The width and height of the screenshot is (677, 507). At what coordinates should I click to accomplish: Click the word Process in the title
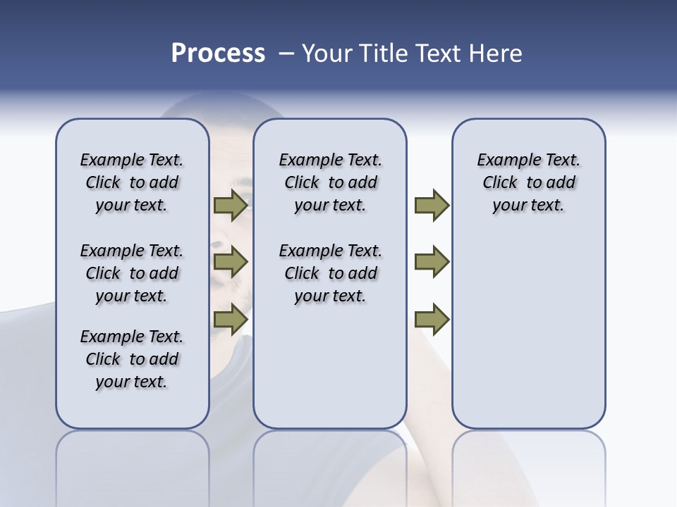tap(218, 54)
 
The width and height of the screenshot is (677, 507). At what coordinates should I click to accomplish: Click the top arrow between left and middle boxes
tap(231, 206)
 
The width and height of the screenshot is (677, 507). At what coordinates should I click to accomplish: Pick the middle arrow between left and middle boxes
tap(231, 262)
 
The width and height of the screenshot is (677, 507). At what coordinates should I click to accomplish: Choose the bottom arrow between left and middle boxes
tap(231, 319)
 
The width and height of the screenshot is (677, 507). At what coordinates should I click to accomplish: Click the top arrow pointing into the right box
tap(432, 206)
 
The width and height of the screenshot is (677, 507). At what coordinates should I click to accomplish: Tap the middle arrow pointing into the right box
tap(432, 262)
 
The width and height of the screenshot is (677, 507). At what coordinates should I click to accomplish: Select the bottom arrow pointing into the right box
tap(432, 319)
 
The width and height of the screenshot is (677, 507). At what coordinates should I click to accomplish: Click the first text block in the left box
tap(132, 182)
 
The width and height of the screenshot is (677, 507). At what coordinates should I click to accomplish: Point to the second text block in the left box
tap(132, 273)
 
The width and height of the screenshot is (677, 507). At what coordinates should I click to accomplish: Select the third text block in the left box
tap(132, 359)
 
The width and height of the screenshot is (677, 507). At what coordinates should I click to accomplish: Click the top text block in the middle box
tap(330, 182)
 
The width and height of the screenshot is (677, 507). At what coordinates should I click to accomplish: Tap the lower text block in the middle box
tap(330, 273)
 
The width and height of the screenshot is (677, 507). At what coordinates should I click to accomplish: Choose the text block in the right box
tap(528, 182)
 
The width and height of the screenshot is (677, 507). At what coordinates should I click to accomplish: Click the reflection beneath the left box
tap(133, 465)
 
